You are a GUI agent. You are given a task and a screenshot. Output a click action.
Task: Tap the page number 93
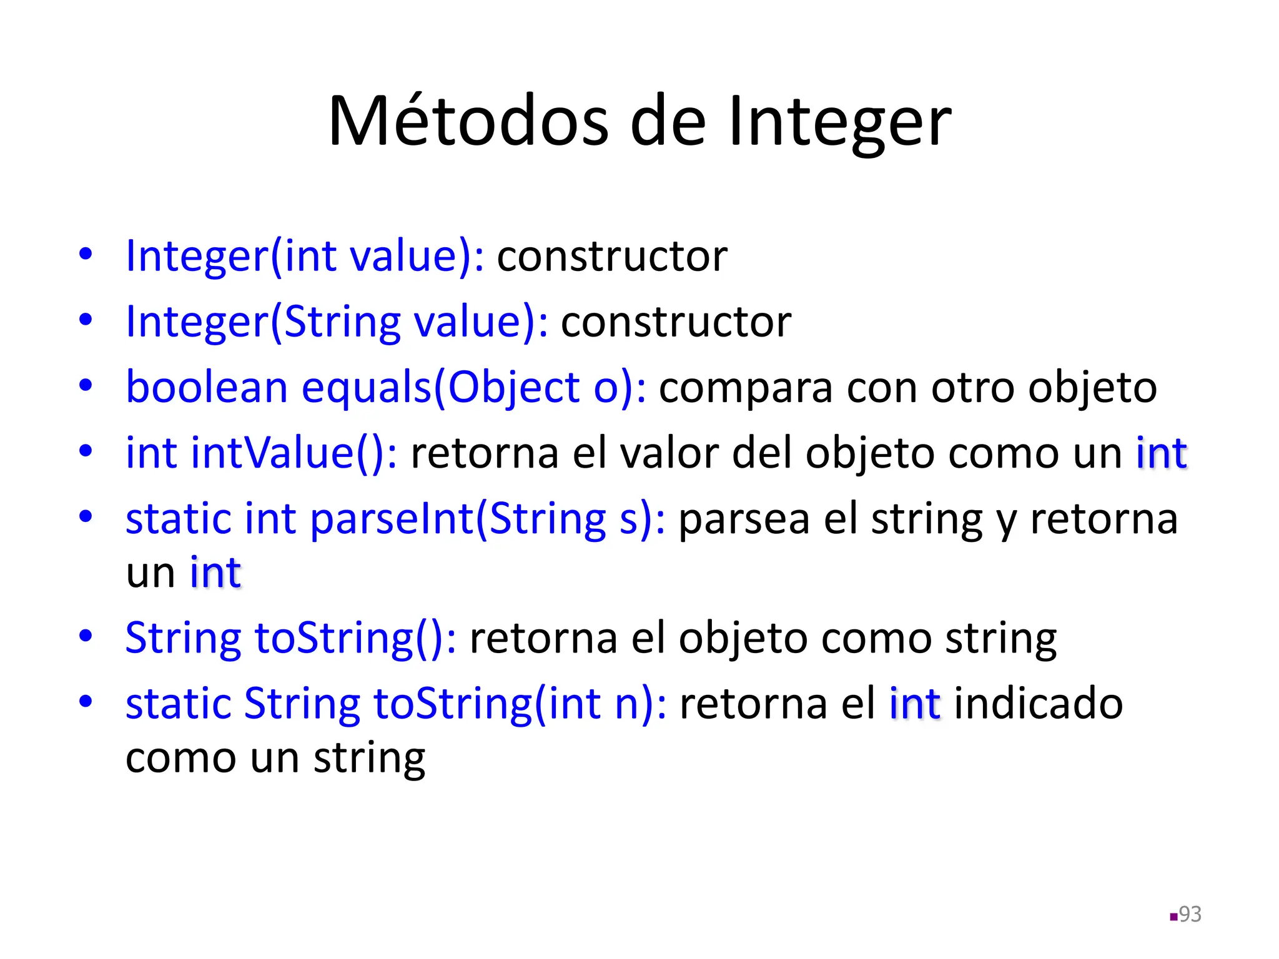point(1190,914)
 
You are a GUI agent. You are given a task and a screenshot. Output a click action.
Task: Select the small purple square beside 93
point(1173,917)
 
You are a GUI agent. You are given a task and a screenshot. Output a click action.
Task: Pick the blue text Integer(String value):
point(337,322)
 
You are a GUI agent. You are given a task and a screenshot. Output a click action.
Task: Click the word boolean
point(207,387)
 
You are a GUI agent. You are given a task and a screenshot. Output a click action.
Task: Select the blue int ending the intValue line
point(1161,453)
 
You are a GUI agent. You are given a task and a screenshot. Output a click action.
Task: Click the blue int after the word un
point(215,572)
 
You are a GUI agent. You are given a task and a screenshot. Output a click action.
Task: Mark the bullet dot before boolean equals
point(86,386)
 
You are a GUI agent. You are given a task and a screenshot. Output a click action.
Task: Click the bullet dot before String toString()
point(86,636)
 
